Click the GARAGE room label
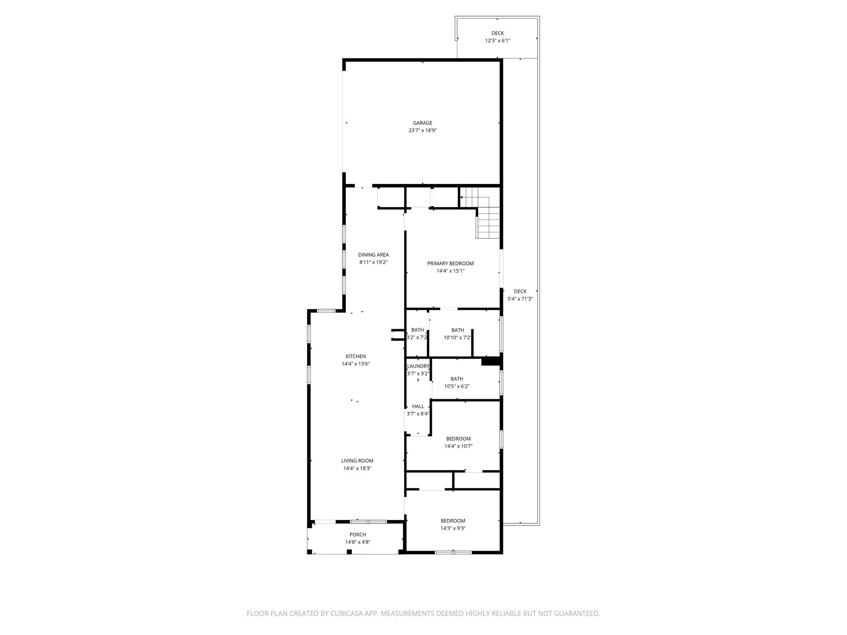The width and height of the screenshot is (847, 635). point(422,123)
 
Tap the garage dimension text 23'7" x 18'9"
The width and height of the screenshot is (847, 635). point(422,130)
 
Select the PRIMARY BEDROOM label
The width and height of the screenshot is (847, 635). point(450,263)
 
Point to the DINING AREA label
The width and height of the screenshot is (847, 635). point(373,255)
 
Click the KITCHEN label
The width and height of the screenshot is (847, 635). point(356,356)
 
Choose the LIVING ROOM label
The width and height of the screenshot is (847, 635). point(357,461)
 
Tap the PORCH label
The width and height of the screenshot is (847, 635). point(358,535)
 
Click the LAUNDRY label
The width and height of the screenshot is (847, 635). point(418,366)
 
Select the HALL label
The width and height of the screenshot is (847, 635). point(418,406)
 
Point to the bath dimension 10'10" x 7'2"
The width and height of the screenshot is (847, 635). point(457,337)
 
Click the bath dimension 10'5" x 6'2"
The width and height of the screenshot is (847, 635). point(457,386)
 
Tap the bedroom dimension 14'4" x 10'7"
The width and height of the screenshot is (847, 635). point(458,446)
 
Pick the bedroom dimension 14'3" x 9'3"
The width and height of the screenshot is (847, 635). point(453,528)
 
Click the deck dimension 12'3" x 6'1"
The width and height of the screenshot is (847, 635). point(498,41)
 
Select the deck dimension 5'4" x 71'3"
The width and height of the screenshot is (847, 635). point(520,299)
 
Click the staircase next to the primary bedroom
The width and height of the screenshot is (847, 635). point(488,222)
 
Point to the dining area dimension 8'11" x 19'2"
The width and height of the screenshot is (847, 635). point(373,262)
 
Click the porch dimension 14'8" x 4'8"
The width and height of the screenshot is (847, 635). point(358,542)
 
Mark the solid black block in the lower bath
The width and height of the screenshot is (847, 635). point(491,362)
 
